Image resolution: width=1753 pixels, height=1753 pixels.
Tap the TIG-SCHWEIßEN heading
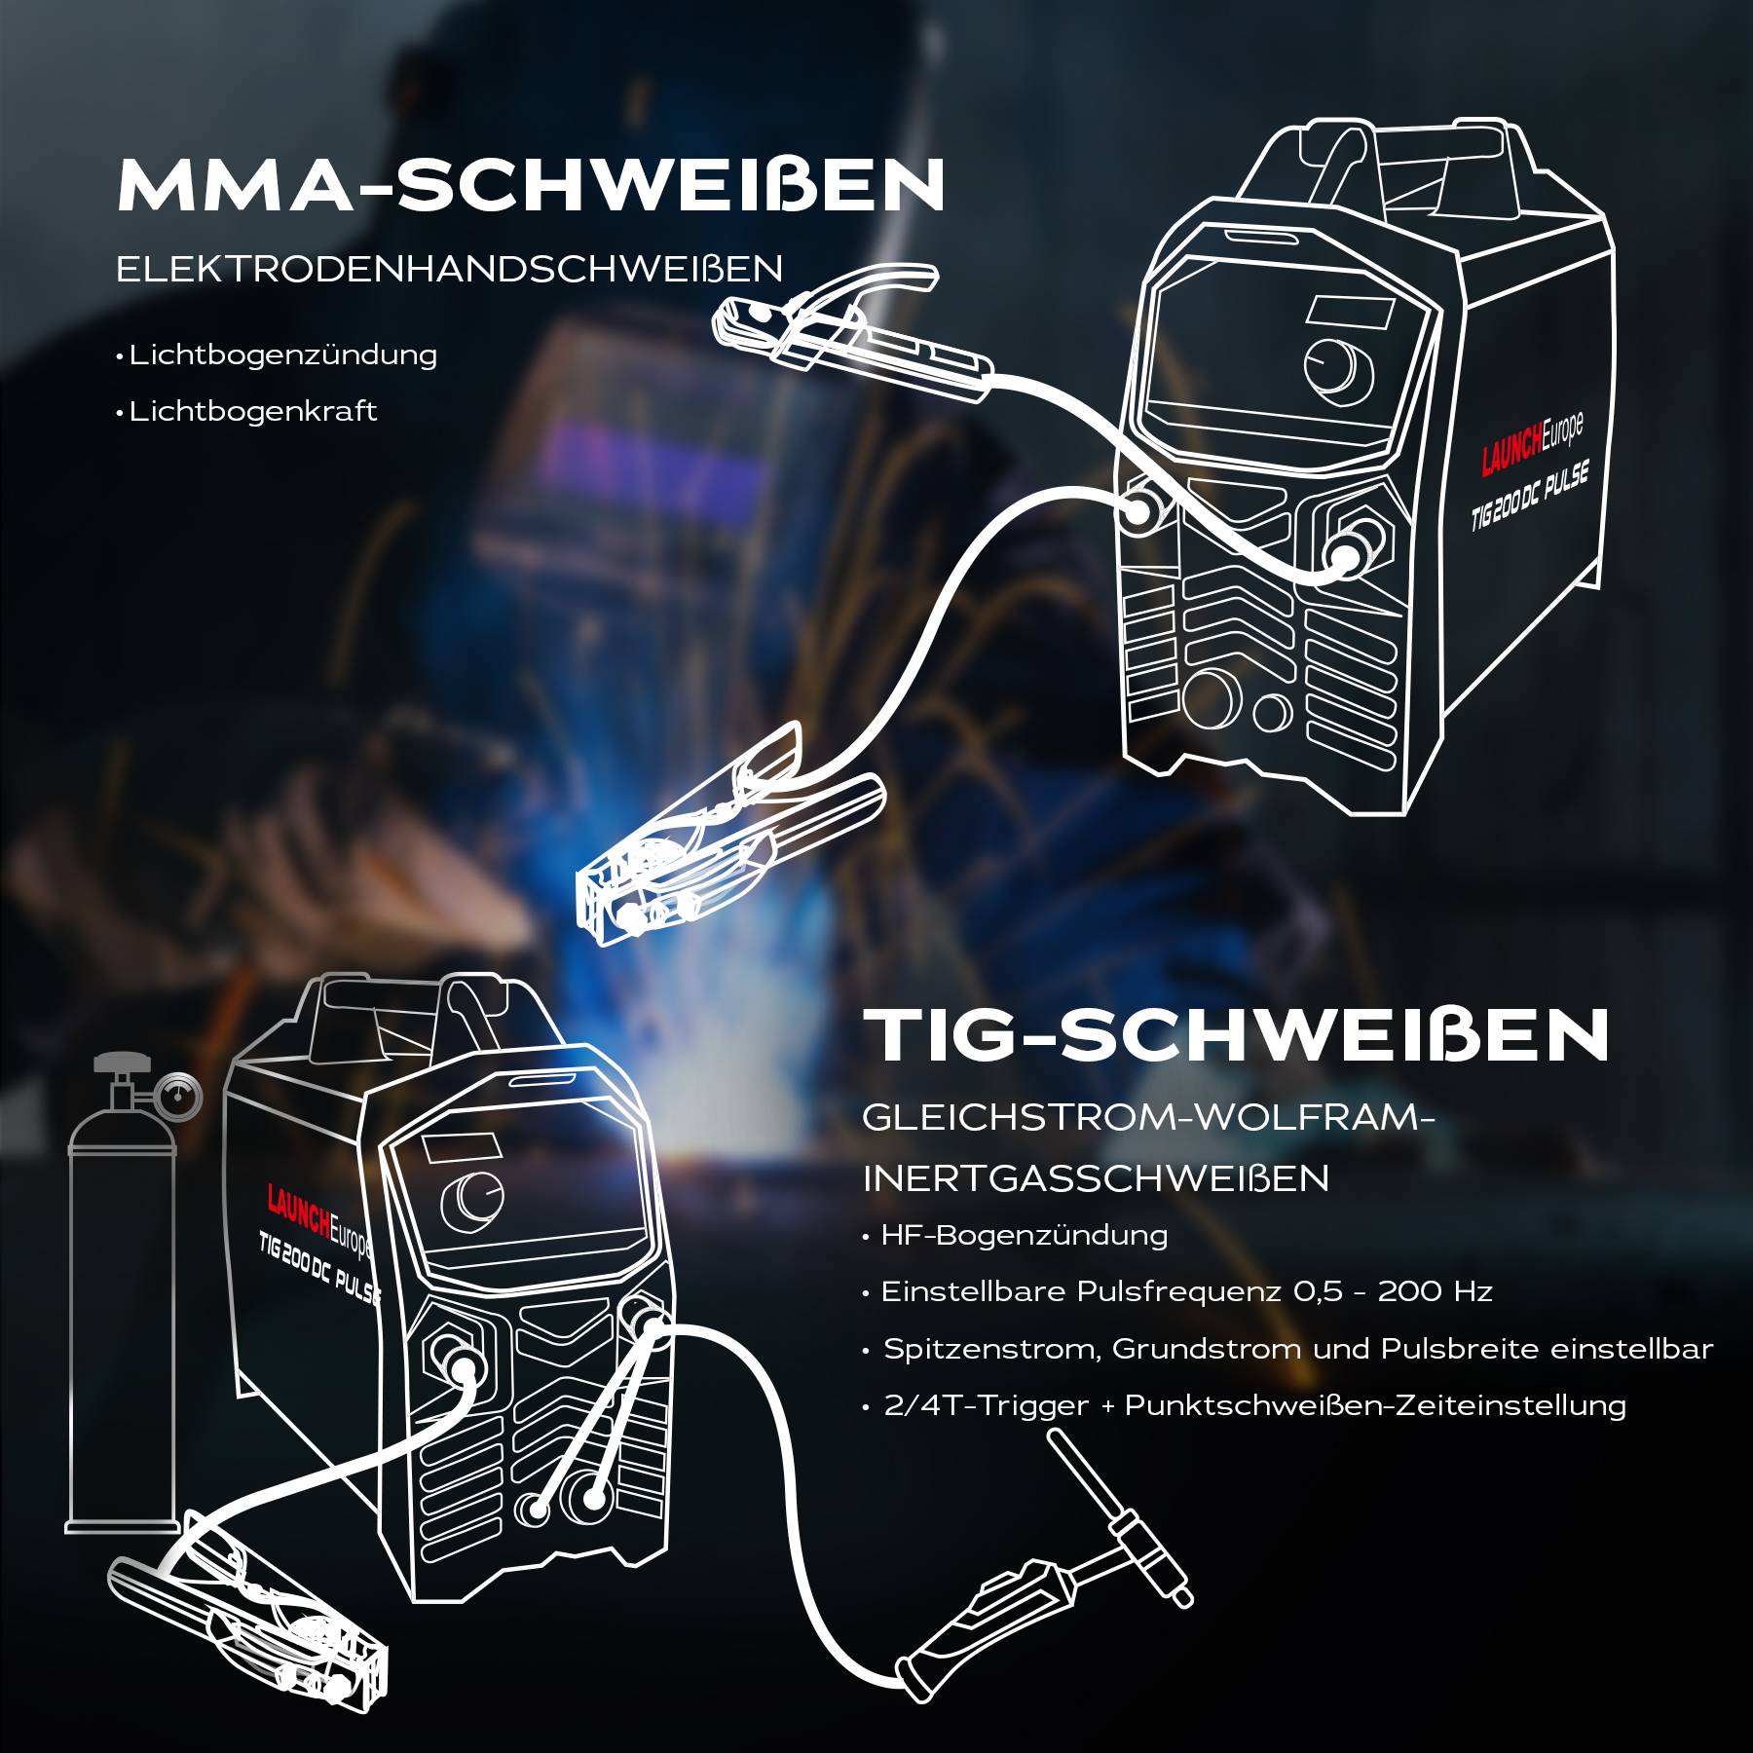(x=1237, y=1035)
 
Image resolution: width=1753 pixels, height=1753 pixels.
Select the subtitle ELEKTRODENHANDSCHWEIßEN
(x=449, y=269)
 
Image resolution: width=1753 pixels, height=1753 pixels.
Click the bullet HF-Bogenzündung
(x=1024, y=1235)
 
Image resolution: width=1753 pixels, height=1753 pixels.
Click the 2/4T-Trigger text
(x=986, y=1405)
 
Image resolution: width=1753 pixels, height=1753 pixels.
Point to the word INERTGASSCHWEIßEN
(x=1096, y=1178)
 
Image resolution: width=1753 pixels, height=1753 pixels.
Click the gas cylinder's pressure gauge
(x=178, y=1098)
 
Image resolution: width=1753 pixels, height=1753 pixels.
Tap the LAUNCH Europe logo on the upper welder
(x=1531, y=445)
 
